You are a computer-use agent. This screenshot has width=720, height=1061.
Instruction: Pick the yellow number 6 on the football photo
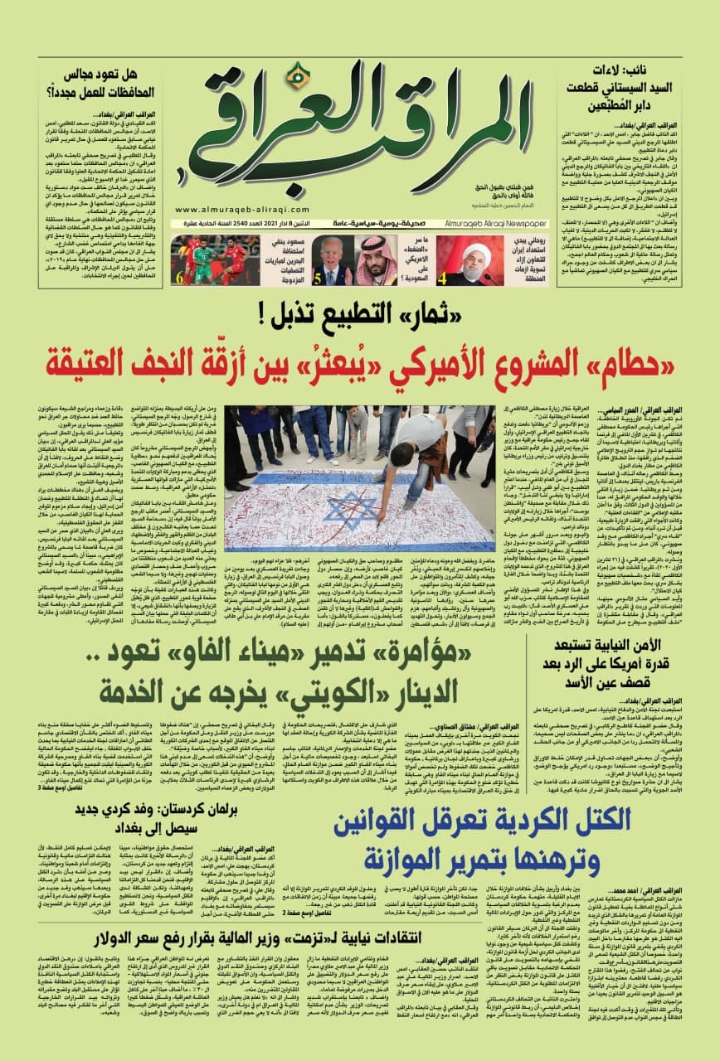[178, 278]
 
